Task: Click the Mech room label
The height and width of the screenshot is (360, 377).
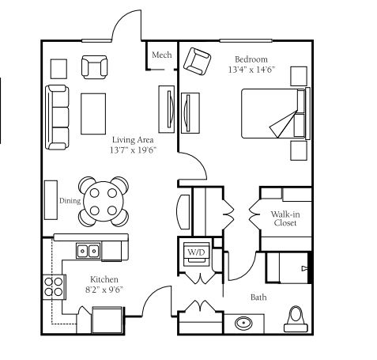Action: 162,55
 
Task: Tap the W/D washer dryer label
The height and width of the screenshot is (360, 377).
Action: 196,252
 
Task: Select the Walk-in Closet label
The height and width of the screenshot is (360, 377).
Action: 285,218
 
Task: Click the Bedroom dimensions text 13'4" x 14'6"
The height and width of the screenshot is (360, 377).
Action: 251,70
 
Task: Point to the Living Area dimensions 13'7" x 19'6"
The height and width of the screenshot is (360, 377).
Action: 133,150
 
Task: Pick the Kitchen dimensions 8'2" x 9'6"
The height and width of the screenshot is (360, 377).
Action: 104,290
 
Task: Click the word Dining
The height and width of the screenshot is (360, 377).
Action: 70,201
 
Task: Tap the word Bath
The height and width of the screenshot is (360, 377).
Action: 258,297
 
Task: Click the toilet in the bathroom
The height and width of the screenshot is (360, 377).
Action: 296,319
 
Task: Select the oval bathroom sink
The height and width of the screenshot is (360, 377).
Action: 243,323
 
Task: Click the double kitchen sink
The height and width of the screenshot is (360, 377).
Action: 89,251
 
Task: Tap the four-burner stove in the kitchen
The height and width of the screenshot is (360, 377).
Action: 54,287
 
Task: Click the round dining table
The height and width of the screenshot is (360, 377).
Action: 104,202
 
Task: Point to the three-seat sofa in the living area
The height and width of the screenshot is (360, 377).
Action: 57,117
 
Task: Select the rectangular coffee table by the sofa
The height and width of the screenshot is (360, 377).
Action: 93,114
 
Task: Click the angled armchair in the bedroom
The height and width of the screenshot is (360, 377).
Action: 197,61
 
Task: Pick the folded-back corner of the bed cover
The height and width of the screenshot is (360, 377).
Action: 283,124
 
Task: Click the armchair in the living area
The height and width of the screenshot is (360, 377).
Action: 94,67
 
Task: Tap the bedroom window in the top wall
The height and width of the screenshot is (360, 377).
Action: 246,40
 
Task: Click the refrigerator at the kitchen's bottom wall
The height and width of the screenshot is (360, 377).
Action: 107,320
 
